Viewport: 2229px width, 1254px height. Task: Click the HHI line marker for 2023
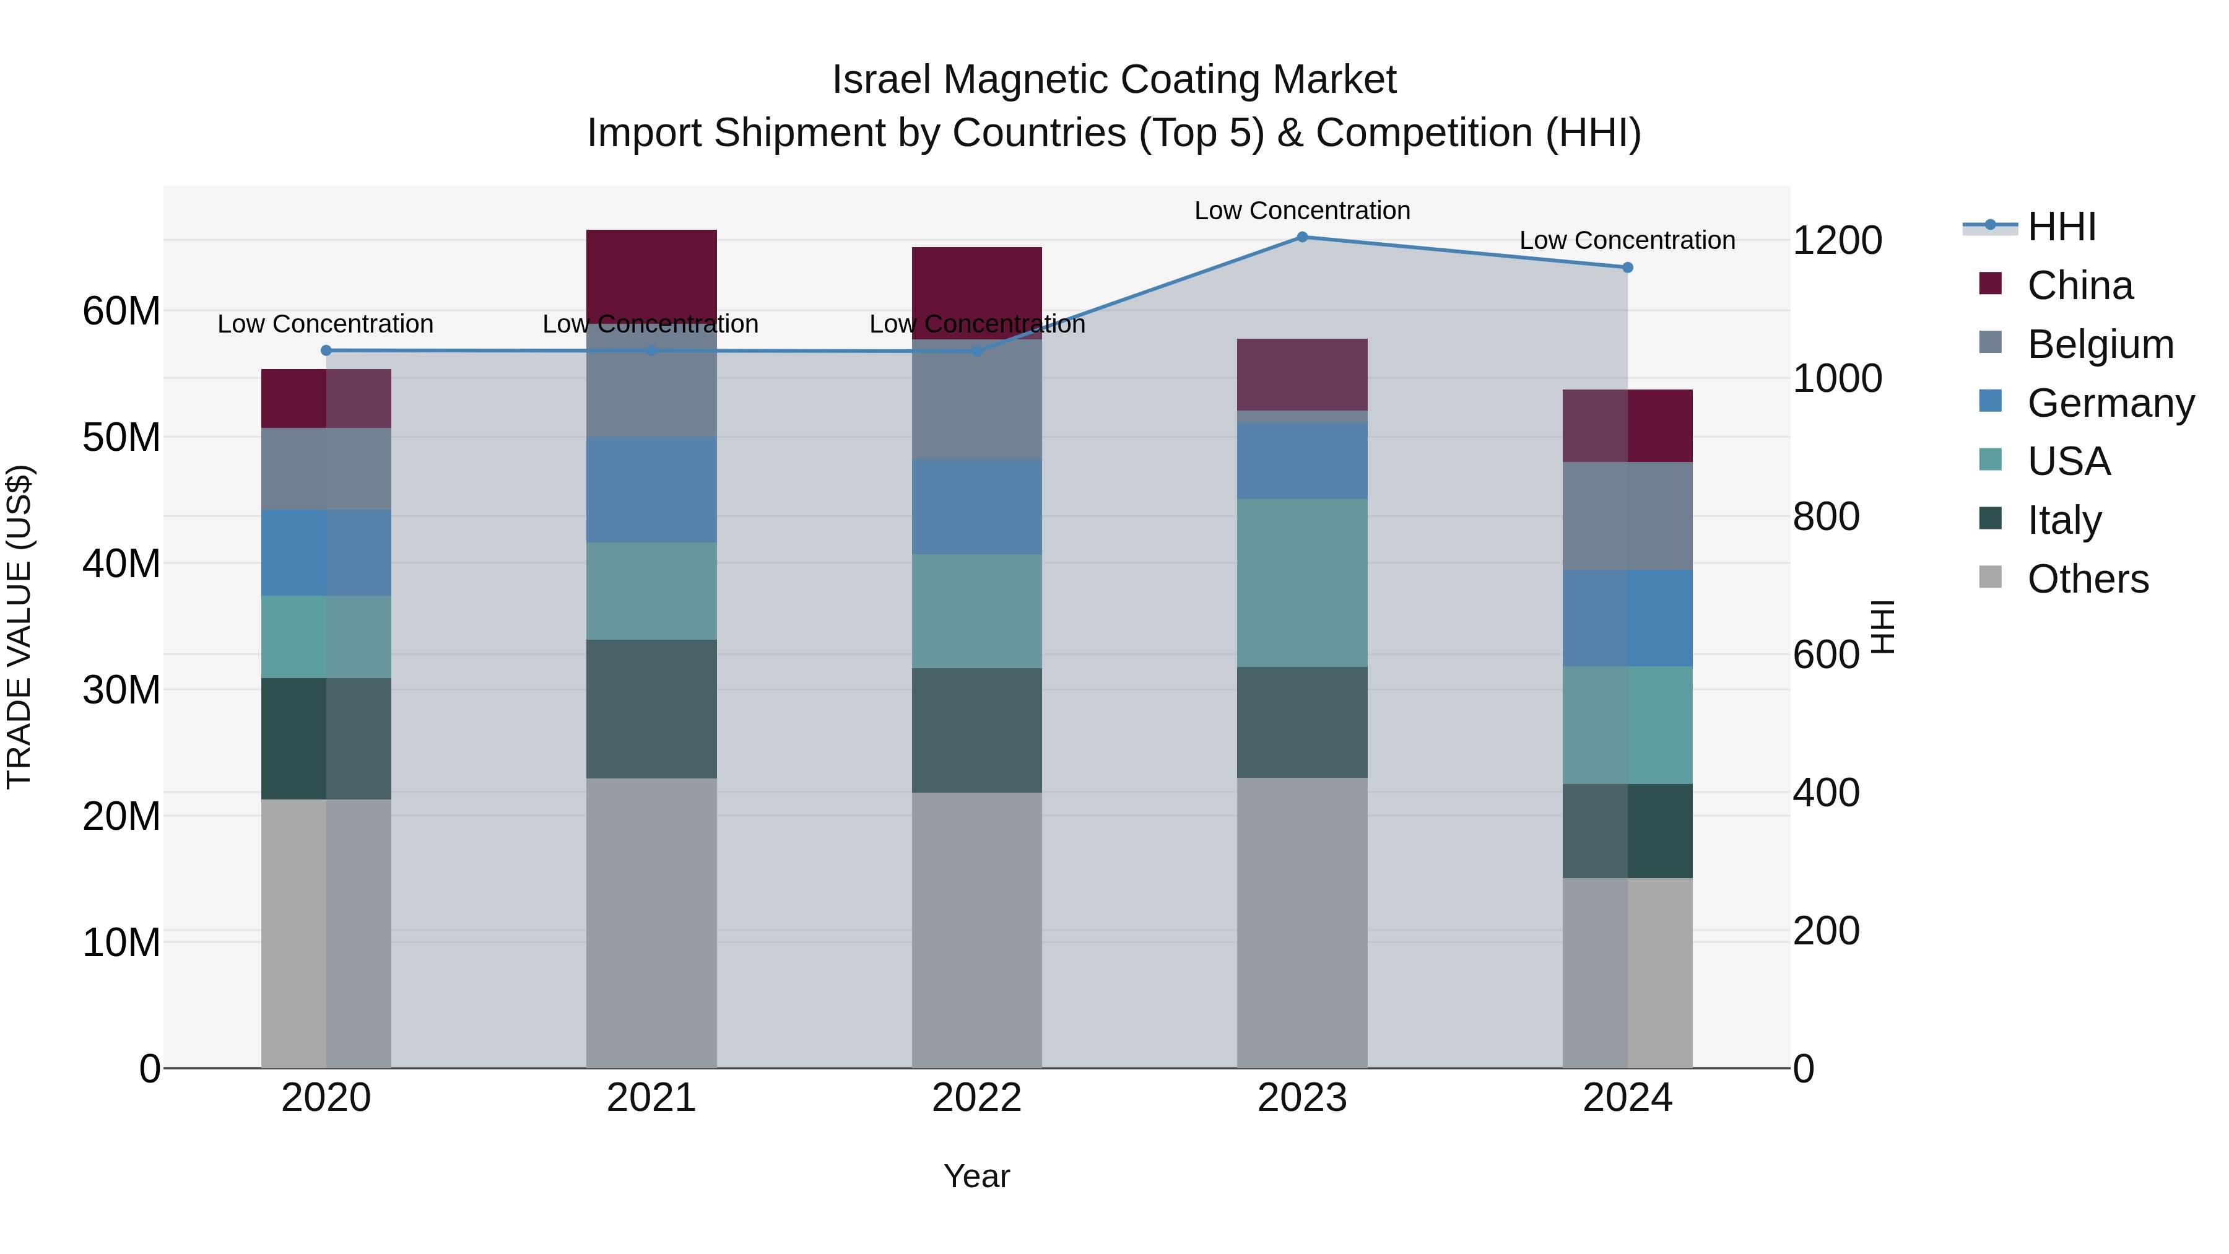tap(1301, 237)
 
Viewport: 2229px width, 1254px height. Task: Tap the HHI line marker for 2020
tap(326, 351)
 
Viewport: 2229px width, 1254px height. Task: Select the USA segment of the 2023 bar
tap(1301, 583)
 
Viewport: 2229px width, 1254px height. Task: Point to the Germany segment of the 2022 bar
tap(977, 507)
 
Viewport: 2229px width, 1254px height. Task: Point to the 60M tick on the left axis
tap(121, 311)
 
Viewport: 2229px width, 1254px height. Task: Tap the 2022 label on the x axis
tap(977, 1098)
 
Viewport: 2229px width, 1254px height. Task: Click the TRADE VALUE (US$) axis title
tap(19, 627)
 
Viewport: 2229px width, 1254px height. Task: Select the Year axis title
tap(977, 1176)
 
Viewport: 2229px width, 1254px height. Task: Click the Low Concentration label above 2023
tap(1301, 211)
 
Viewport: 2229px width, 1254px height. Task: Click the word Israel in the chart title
tap(882, 80)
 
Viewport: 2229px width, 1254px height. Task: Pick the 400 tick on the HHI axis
tap(1826, 793)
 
